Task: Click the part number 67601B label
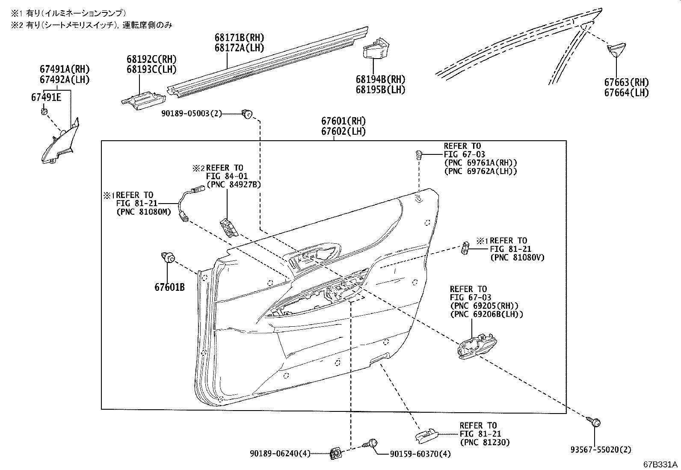point(169,287)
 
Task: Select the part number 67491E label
point(46,97)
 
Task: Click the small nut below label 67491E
point(44,112)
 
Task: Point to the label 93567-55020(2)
point(601,449)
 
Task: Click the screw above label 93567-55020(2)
point(595,423)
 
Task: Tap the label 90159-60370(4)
point(420,453)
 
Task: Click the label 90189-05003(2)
point(192,113)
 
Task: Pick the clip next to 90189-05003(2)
point(247,113)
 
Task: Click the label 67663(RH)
point(626,83)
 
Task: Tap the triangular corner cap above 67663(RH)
point(616,49)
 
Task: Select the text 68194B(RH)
point(380,80)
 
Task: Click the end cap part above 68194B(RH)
point(375,47)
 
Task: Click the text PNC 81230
point(485,443)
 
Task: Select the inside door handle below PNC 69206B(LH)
point(477,345)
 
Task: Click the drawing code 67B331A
point(660,464)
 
